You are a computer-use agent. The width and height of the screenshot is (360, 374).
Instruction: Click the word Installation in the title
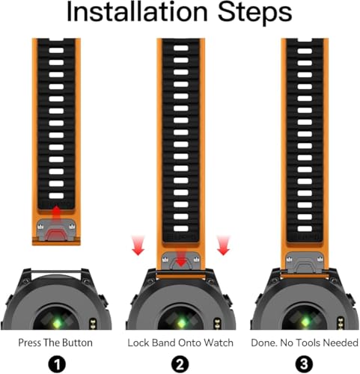137,11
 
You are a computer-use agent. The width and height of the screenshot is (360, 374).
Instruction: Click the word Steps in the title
255,13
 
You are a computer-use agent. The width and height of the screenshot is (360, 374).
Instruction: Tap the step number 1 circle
57,364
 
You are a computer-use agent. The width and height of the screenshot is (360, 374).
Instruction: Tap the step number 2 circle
180,364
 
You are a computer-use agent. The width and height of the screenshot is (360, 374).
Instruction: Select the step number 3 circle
304,364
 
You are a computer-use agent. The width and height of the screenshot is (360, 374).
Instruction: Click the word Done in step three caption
264,343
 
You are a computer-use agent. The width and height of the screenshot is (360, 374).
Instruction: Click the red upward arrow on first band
57,213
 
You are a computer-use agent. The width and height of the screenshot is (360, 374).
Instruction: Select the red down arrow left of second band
138,245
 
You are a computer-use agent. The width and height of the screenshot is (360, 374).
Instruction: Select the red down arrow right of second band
223,245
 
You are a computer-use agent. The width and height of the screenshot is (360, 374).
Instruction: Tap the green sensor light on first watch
57,323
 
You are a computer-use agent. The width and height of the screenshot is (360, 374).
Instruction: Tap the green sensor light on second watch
181,323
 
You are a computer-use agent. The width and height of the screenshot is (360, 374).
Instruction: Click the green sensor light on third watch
305,323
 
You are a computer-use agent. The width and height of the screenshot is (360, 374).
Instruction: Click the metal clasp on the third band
305,263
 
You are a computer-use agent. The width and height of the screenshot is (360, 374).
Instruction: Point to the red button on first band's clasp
57,235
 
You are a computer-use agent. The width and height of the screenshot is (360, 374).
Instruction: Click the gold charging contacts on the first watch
93,323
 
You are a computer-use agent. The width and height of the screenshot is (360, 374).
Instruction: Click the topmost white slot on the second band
181,48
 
